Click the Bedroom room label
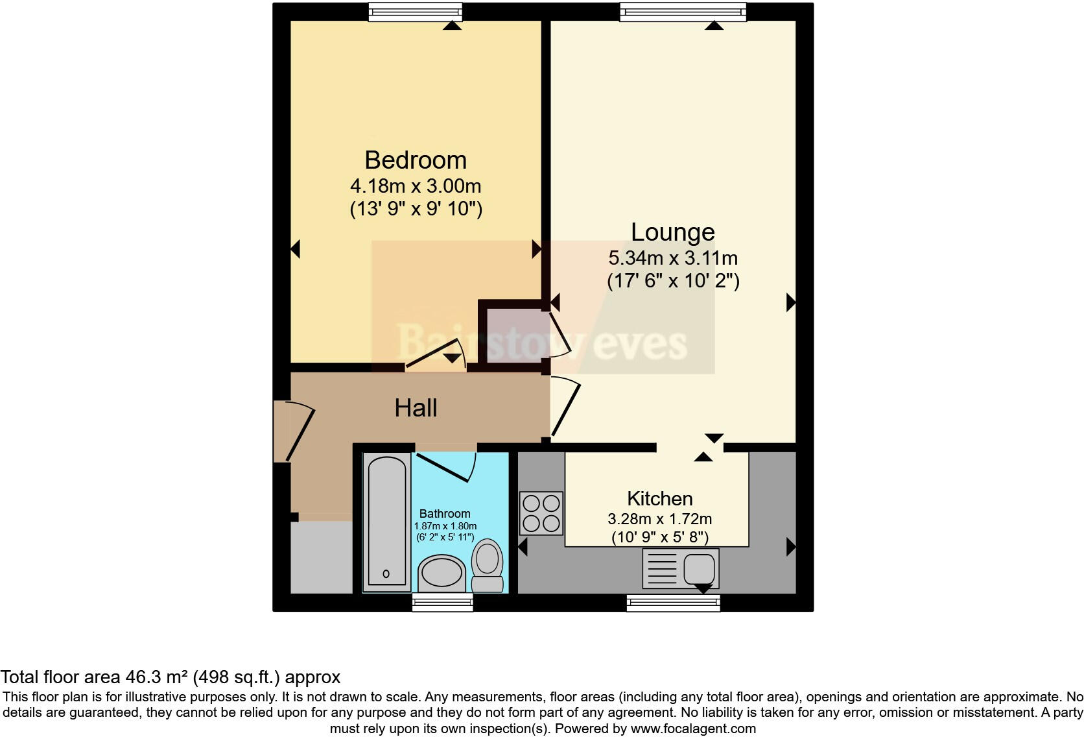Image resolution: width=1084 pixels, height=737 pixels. tap(415, 160)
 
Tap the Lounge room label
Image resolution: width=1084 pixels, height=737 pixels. tap(672, 232)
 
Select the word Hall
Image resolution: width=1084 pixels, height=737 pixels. tap(416, 408)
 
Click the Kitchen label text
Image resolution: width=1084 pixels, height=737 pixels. tap(659, 499)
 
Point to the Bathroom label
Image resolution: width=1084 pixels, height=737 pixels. tap(444, 514)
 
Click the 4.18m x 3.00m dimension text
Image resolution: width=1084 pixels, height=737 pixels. tap(416, 187)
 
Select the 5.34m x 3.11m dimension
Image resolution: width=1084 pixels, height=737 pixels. tap(672, 258)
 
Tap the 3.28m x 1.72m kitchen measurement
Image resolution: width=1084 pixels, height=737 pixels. tap(659, 519)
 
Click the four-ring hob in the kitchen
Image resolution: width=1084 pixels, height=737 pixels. tap(541, 513)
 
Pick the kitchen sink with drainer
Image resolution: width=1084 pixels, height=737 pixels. tap(680, 568)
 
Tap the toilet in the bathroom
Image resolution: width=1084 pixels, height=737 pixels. tap(488, 565)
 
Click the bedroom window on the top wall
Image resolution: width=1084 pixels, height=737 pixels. tap(415, 11)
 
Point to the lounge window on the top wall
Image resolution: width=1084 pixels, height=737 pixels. tap(682, 11)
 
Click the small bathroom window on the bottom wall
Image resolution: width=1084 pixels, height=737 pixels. tap(443, 603)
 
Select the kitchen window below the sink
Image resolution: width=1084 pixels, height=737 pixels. tap(673, 603)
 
